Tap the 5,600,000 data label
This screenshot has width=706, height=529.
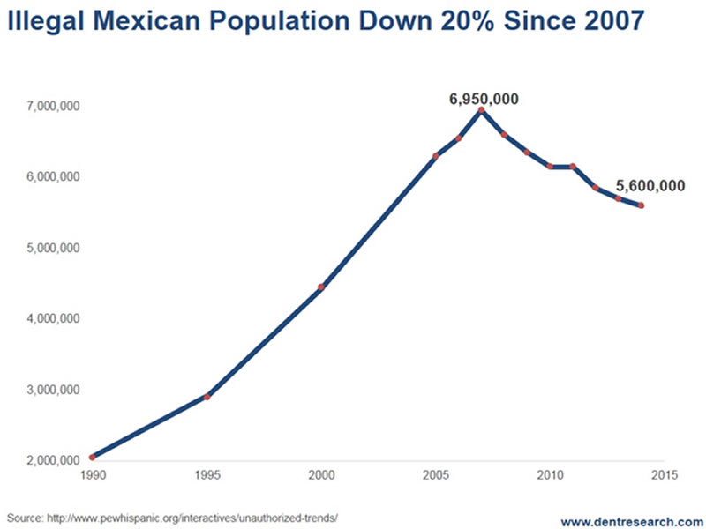[x=650, y=186]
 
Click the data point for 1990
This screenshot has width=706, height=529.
[x=92, y=457]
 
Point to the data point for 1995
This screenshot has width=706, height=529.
[x=207, y=397]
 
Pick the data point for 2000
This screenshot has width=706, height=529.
[x=321, y=287]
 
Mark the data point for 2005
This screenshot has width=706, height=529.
[x=435, y=156]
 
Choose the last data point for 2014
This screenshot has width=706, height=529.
[x=641, y=205]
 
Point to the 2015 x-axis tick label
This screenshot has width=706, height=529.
[x=664, y=477]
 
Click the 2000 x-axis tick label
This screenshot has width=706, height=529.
[x=321, y=477]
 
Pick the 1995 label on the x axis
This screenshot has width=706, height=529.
[x=207, y=477]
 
